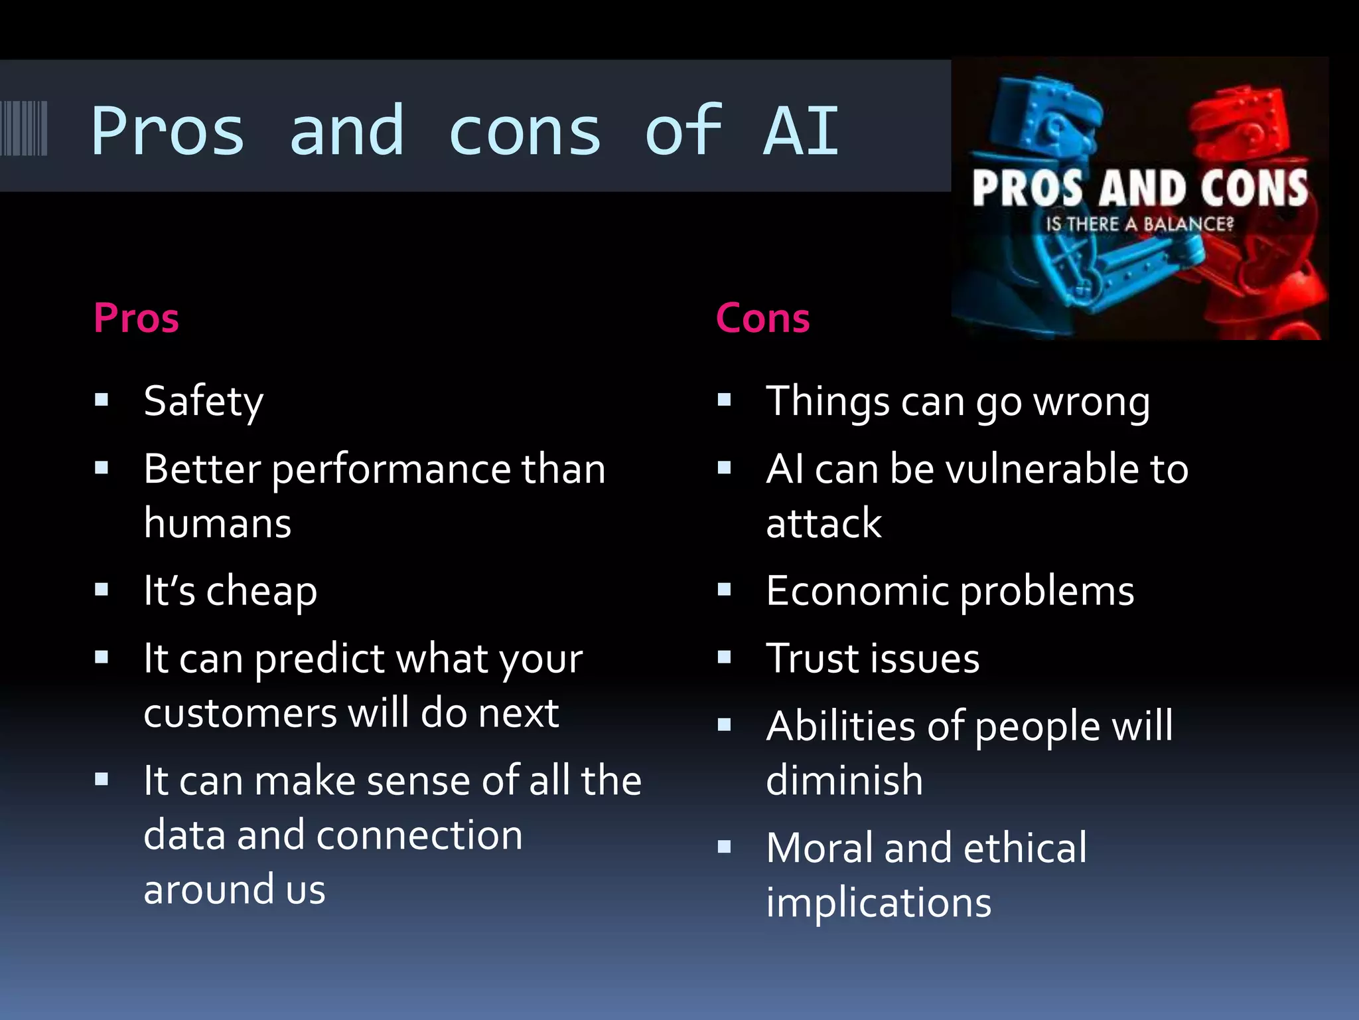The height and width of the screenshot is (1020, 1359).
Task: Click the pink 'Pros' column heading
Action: tap(136, 318)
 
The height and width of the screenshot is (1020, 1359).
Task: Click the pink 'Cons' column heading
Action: tap(762, 318)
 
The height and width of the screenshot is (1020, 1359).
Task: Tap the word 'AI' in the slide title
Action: tap(802, 131)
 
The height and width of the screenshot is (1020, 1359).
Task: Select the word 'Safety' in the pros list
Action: tap(203, 402)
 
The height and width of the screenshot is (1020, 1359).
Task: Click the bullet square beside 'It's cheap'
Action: tap(102, 590)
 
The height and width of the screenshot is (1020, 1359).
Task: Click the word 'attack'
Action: tap(823, 523)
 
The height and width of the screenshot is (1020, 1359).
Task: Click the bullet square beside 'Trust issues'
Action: tap(724, 657)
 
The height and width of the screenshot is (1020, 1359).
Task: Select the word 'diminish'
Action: tap(844, 780)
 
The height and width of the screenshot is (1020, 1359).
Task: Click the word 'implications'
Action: tap(879, 903)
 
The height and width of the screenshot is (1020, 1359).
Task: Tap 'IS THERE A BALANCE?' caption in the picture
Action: tap(1139, 224)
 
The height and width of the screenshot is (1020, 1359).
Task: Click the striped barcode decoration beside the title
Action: tap(24, 128)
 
